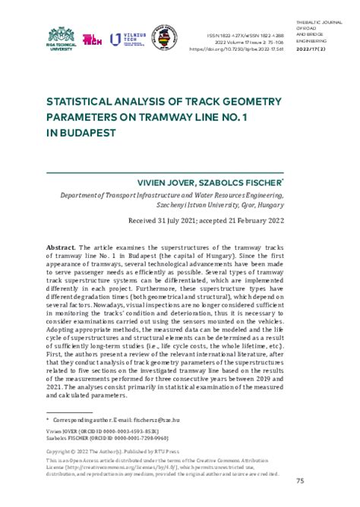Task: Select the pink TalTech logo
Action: tap(93, 39)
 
